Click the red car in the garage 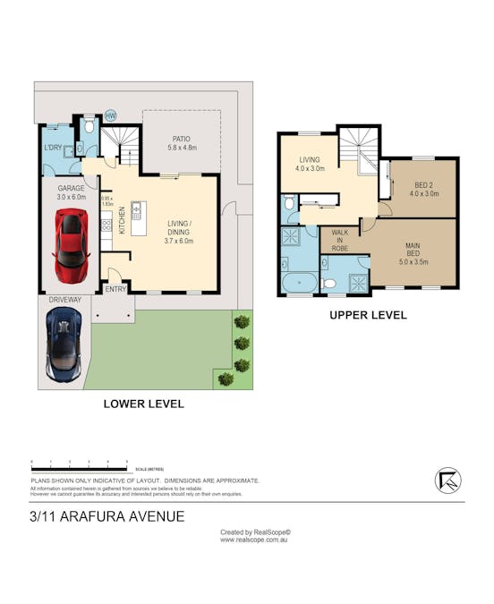point(72,244)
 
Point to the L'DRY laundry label point(53,147)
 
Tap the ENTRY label point(116,288)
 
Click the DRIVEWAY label point(64,301)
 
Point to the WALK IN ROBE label point(339,240)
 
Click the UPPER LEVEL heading point(368,315)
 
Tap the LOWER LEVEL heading point(144,404)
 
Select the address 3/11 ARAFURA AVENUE point(106,516)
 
